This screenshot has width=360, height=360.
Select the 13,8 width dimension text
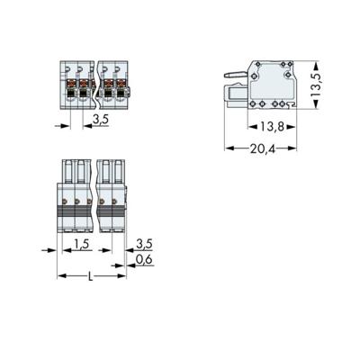267,129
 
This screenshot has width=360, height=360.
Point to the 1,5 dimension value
80,245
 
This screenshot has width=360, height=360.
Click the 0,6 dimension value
143,260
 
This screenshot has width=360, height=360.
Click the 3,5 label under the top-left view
101,117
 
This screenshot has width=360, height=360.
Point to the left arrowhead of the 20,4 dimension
228,147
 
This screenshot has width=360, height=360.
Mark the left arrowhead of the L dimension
61,275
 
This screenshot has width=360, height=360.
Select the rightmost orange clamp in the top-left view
118,84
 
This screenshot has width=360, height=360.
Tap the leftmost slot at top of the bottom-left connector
67,172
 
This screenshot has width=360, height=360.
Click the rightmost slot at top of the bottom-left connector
118,172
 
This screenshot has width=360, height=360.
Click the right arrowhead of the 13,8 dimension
293,126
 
